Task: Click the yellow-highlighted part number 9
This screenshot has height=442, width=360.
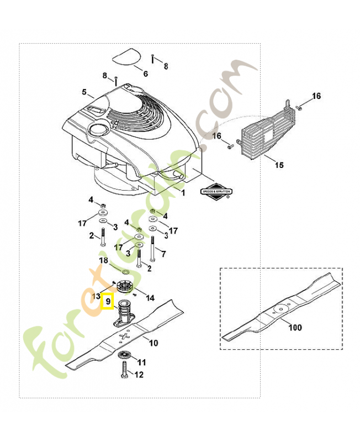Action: (x=108, y=302)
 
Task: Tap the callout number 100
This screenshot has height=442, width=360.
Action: (x=295, y=328)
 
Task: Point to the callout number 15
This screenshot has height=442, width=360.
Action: (x=279, y=165)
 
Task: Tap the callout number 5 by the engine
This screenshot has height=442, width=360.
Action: (x=84, y=92)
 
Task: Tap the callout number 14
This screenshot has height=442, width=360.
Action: (x=150, y=298)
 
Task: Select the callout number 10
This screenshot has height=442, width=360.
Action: (x=153, y=343)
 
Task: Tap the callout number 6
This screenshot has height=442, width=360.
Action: (x=145, y=73)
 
